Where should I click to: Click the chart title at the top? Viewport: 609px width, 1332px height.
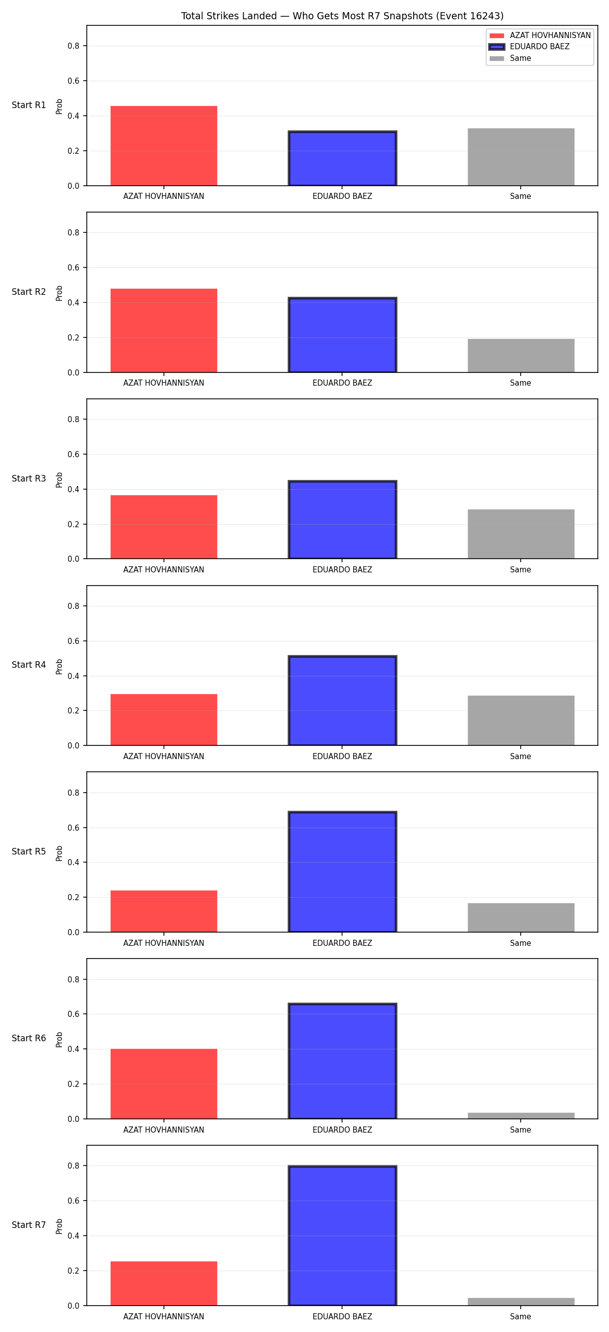click(x=342, y=16)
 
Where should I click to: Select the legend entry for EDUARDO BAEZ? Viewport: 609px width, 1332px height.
click(x=529, y=47)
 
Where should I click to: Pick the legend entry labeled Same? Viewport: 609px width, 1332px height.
click(x=510, y=58)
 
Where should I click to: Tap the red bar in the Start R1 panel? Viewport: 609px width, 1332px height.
click(x=164, y=146)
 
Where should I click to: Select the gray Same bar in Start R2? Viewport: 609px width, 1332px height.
click(x=521, y=356)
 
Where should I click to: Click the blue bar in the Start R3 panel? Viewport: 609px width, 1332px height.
click(x=342, y=520)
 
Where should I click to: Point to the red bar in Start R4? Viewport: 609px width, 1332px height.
click(x=164, y=720)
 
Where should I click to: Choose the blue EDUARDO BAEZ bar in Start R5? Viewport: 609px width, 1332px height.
click(x=342, y=872)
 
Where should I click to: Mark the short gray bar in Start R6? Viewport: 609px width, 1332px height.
click(x=521, y=1116)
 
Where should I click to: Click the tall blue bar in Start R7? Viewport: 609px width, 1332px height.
click(x=342, y=1236)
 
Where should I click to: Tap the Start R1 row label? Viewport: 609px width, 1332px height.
click(x=29, y=105)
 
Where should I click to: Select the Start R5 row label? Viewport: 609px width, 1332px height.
click(x=29, y=851)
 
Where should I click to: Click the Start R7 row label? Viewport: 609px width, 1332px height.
click(x=29, y=1225)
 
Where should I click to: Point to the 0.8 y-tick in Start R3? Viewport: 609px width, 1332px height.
click(x=74, y=419)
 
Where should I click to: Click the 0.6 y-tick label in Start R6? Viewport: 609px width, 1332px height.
click(x=74, y=1014)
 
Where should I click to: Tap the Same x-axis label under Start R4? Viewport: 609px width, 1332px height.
click(x=521, y=757)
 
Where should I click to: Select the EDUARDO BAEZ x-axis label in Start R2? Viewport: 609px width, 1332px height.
click(x=342, y=383)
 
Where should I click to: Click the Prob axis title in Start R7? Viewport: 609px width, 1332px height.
click(x=59, y=1226)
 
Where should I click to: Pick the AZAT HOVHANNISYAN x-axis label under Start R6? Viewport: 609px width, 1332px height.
click(x=164, y=1130)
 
